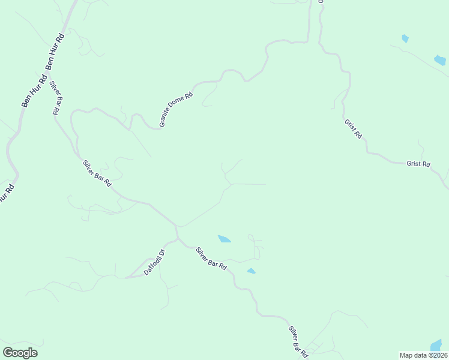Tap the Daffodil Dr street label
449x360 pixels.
[x=154, y=262]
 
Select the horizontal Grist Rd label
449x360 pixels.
[x=418, y=164]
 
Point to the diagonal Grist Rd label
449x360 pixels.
[x=353, y=128]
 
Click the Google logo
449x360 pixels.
[x=20, y=353]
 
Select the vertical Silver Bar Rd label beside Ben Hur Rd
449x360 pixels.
[x=56, y=97]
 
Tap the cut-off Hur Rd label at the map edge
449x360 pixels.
[x=5, y=194]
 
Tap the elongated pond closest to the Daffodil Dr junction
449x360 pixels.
[x=224, y=239]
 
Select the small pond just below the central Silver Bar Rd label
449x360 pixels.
[x=251, y=271]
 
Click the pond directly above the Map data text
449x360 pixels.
[x=436, y=346]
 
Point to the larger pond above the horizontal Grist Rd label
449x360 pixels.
[x=440, y=60]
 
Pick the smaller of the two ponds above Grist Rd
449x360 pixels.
[x=405, y=38]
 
